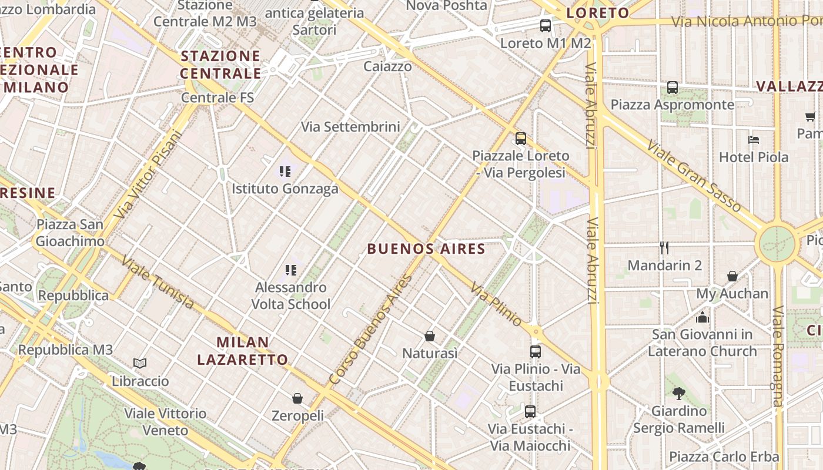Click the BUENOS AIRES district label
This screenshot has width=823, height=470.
pyautogui.click(x=426, y=249)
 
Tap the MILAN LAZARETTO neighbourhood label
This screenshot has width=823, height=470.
pyautogui.click(x=242, y=351)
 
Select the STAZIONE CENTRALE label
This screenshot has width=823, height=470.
pyautogui.click(x=220, y=65)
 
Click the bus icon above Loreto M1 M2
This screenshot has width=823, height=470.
pyautogui.click(x=546, y=25)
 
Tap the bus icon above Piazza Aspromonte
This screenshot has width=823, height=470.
pyautogui.click(x=673, y=88)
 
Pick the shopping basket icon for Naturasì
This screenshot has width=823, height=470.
pyautogui.click(x=430, y=336)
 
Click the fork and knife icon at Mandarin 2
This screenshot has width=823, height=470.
pyautogui.click(x=664, y=247)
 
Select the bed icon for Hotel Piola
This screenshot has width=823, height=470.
pyautogui.click(x=754, y=140)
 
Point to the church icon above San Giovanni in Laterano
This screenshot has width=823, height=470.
pyautogui.click(x=702, y=317)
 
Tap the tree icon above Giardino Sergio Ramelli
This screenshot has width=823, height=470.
pyautogui.click(x=678, y=393)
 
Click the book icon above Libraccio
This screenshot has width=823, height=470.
pyautogui.click(x=140, y=364)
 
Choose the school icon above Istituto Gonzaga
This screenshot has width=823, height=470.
pyautogui.click(x=285, y=172)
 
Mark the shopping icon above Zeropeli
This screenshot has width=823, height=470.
pyautogui.click(x=297, y=398)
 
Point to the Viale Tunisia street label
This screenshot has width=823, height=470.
pyautogui.click(x=157, y=282)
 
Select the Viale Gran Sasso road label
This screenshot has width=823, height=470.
pyautogui.click(x=694, y=175)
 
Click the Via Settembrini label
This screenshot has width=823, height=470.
pyautogui.click(x=350, y=126)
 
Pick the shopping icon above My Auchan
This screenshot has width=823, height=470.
pyautogui.click(x=732, y=276)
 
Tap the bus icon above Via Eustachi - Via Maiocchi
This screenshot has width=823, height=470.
pyautogui.click(x=530, y=411)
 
